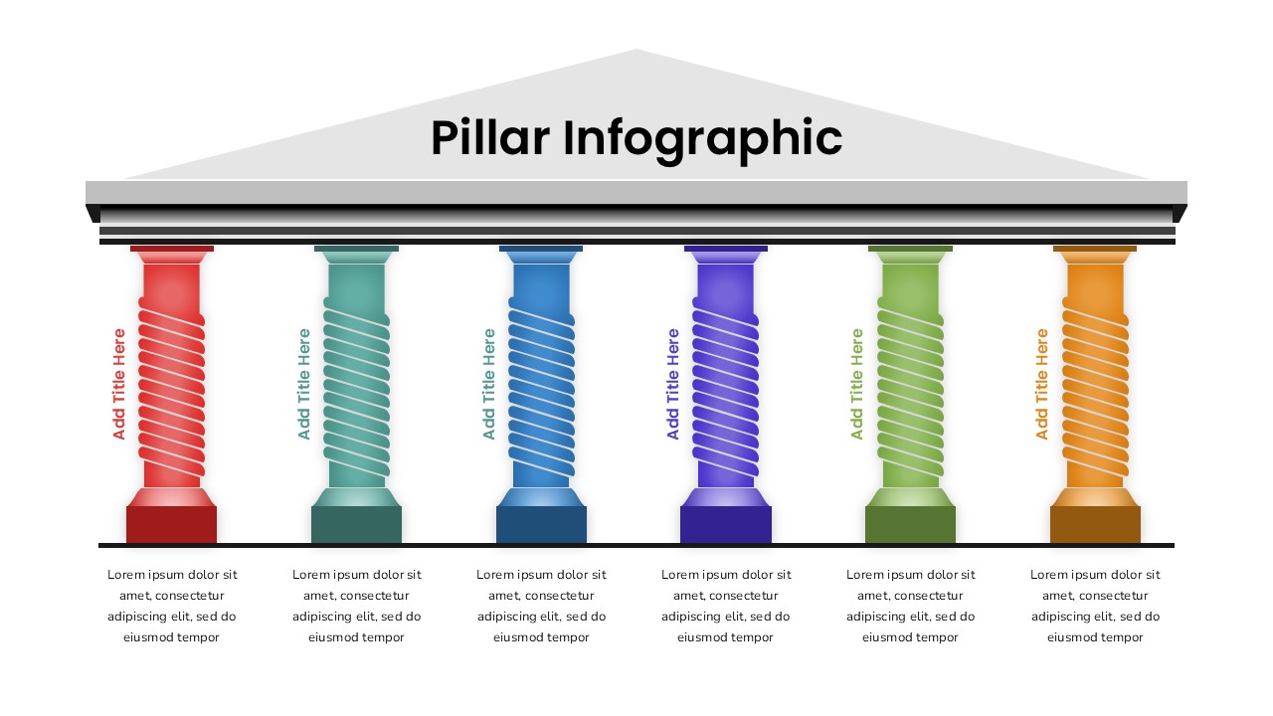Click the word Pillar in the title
[489, 138]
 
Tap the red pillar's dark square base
[171, 524]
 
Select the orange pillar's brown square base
[1095, 524]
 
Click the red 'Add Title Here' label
[119, 384]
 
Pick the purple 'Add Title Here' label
[673, 384]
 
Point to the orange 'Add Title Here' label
[1042, 384]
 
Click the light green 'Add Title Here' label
[857, 384]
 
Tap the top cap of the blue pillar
[541, 254]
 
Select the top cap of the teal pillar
[356, 254]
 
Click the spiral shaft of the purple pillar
[725, 392]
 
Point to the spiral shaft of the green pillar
[910, 392]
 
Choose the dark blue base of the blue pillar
[541, 524]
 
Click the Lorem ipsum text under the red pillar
[172, 606]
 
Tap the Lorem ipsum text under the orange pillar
[1095, 606]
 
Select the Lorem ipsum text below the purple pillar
[726, 606]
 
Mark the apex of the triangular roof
[636, 52]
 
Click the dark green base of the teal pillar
[356, 524]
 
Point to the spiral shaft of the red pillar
[171, 392]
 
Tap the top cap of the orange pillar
[1095, 254]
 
